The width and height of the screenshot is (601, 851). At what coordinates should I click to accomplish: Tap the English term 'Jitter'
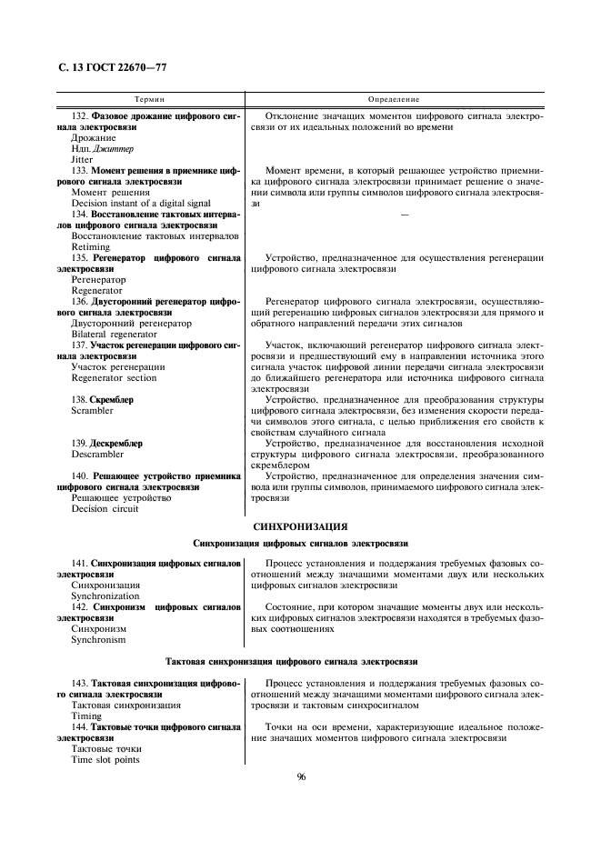pos(82,159)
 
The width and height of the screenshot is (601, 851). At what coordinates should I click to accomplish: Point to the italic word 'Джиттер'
pos(112,148)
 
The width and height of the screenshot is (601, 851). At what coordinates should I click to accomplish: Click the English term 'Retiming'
pos(90,246)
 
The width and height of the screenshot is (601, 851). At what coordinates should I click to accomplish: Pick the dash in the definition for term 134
pos(403,215)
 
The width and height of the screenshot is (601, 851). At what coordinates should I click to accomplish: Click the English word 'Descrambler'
pos(96,454)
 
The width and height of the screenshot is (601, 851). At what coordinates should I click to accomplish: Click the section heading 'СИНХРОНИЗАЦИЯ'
pos(300,526)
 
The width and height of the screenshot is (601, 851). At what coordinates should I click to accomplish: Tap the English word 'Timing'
pos(86,716)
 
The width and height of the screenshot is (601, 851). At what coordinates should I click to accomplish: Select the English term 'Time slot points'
pos(105,759)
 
